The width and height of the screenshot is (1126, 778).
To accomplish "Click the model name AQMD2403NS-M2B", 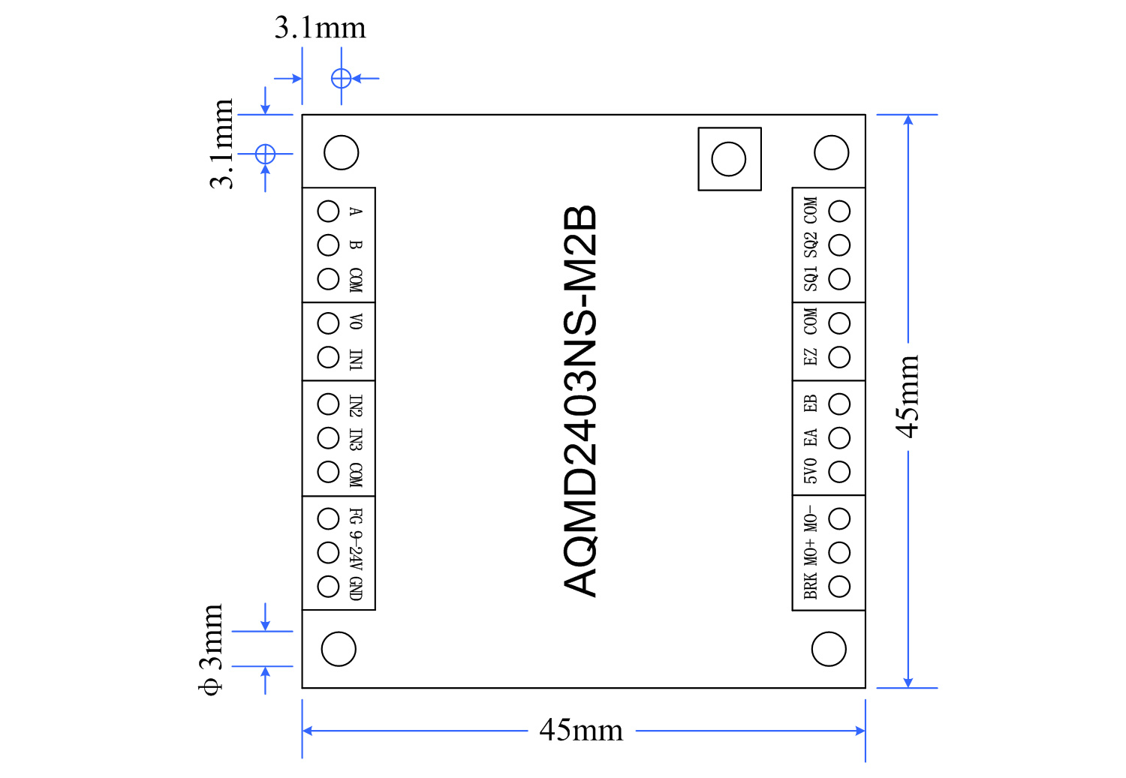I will [580, 401].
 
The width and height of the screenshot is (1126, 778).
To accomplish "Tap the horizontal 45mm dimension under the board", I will [581, 730].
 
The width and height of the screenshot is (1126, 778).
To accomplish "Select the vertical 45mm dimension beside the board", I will [908, 397].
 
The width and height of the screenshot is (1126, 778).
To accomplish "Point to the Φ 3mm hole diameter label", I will [212, 649].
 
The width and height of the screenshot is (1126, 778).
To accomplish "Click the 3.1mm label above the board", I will [320, 29].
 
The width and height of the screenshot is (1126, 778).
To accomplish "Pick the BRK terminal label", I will [811, 586].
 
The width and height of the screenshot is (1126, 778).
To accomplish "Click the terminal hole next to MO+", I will [839, 553].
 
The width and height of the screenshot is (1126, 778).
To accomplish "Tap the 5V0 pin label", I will [811, 471].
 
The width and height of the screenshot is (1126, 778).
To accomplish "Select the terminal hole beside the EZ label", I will [839, 357].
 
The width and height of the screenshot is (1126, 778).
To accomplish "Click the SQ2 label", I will [811, 245].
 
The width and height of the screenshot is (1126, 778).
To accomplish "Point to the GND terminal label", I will [356, 588].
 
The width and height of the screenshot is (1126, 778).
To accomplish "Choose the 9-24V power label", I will [356, 551].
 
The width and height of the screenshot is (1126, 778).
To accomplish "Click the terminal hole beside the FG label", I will [329, 518].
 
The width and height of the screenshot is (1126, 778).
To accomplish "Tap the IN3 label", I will [356, 439].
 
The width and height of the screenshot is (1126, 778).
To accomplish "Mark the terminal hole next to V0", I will [329, 323].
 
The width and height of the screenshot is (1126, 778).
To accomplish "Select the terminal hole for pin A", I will [329, 212].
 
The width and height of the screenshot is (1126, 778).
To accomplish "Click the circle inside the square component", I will [729, 159].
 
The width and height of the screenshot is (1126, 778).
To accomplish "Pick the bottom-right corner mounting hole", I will [829, 649].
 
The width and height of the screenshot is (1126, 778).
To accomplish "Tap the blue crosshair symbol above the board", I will [341, 78].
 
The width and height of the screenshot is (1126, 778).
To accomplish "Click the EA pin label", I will [811, 437].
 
